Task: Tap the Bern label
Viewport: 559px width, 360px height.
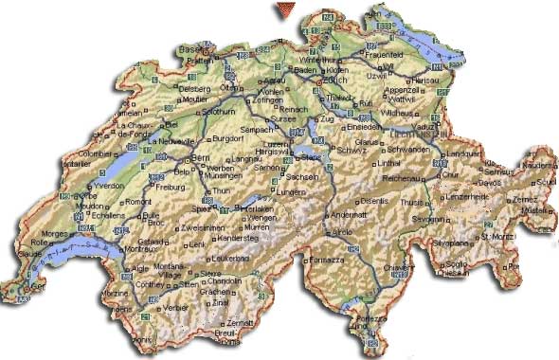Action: [x=201, y=156]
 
